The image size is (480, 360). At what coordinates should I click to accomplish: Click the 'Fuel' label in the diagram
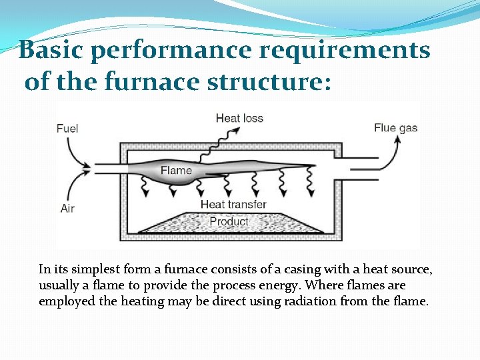[68, 128]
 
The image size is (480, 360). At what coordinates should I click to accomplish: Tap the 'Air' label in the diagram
[67, 209]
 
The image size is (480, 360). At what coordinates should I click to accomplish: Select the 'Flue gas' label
[395, 128]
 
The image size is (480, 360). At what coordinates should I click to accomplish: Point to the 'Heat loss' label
[239, 119]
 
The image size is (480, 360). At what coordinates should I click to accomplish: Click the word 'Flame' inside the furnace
[176, 171]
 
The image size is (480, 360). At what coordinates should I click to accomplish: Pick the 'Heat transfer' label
[233, 205]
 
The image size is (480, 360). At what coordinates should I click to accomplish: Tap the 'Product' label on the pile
[229, 221]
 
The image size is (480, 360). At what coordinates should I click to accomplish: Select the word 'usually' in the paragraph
[60, 285]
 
